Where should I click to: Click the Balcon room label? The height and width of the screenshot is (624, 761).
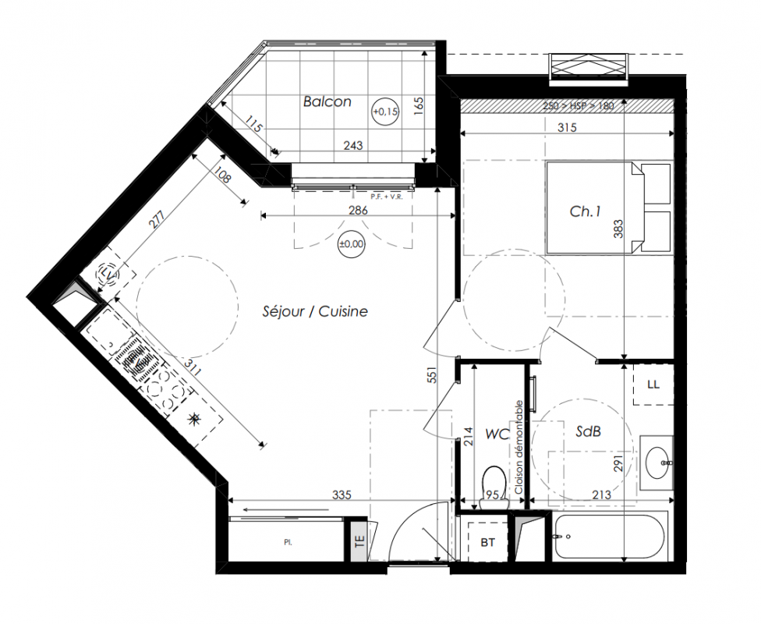(x=327, y=101)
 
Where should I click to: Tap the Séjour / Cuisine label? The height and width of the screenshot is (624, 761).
(x=315, y=311)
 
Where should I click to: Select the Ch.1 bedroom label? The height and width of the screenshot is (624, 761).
(x=586, y=211)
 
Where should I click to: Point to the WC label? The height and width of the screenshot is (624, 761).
(x=497, y=434)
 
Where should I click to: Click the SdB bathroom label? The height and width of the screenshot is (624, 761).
(x=588, y=431)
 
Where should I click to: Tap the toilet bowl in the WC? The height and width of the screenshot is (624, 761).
(x=494, y=487)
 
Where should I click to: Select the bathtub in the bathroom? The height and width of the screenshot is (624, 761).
(x=609, y=537)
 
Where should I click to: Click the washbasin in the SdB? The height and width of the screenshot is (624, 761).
(x=657, y=463)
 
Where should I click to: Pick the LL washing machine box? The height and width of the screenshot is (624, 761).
(x=653, y=385)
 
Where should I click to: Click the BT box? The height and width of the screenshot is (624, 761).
(x=488, y=542)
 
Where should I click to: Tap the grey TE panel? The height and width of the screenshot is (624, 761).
(x=359, y=541)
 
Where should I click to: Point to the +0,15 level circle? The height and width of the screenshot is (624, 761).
(x=385, y=112)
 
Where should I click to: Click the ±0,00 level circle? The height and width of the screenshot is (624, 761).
(x=352, y=244)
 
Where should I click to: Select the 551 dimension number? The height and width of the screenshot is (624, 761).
(x=433, y=374)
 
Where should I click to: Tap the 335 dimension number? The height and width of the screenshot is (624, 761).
(x=342, y=495)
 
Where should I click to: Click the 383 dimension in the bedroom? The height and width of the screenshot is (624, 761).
(x=618, y=229)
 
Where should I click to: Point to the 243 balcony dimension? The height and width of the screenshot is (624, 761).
(x=353, y=145)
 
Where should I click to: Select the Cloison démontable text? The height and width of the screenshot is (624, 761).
(x=519, y=447)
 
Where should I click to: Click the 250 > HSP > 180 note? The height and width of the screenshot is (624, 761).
(x=579, y=106)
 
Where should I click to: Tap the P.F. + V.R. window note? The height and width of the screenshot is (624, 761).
(x=387, y=197)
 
